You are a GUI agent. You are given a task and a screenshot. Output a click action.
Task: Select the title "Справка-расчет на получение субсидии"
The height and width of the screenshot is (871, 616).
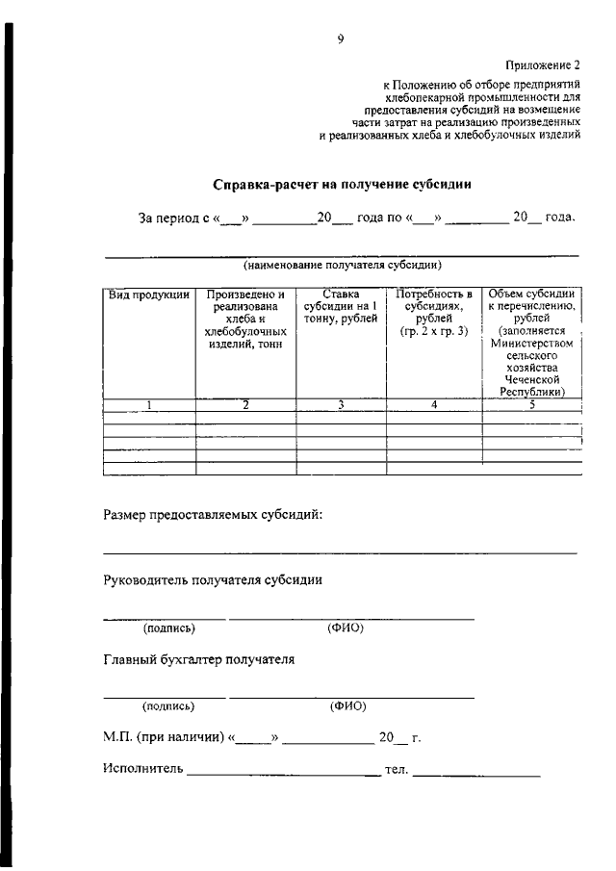(x=342, y=183)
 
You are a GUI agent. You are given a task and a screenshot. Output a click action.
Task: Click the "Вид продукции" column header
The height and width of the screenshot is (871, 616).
(x=148, y=295)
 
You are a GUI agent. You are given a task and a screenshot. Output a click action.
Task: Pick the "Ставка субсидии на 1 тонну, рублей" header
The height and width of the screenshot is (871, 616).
(x=341, y=307)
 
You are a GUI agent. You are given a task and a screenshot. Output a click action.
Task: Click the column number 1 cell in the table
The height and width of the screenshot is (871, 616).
(x=149, y=405)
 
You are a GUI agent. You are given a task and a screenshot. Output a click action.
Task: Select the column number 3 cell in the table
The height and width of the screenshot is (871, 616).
(x=341, y=405)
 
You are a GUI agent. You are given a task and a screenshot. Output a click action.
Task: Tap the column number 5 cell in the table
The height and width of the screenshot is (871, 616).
(x=531, y=405)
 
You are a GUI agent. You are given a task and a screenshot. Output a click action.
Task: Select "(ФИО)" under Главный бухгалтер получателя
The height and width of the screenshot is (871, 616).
(x=346, y=706)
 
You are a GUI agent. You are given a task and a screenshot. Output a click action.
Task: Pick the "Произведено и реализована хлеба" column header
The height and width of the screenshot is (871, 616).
(x=245, y=319)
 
